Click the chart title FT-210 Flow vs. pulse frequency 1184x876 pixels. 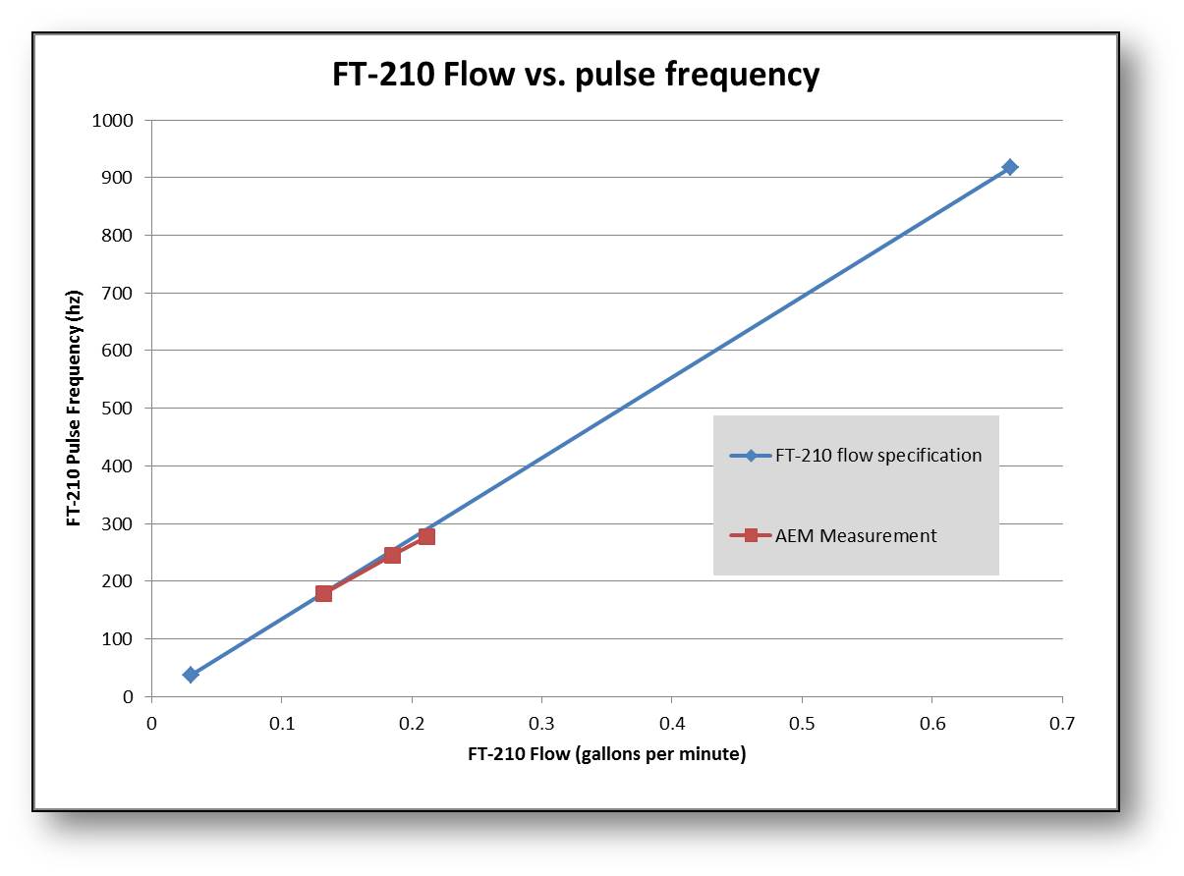pos(576,75)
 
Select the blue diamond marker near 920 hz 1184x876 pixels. pos(1009,167)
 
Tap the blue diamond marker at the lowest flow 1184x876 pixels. pos(191,675)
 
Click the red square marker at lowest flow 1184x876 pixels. pos(323,593)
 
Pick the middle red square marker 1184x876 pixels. pos(392,555)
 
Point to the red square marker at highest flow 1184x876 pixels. pos(426,536)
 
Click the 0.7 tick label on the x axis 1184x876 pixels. pos(1062,724)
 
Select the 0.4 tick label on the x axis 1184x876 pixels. pos(672,724)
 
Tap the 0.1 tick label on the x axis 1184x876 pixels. pos(282,724)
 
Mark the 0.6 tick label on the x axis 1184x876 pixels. pos(932,724)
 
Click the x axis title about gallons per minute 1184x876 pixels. pos(606,755)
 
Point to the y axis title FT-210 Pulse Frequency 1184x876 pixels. pos(75,409)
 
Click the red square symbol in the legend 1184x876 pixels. pos(751,536)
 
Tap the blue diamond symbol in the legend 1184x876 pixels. pos(751,456)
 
